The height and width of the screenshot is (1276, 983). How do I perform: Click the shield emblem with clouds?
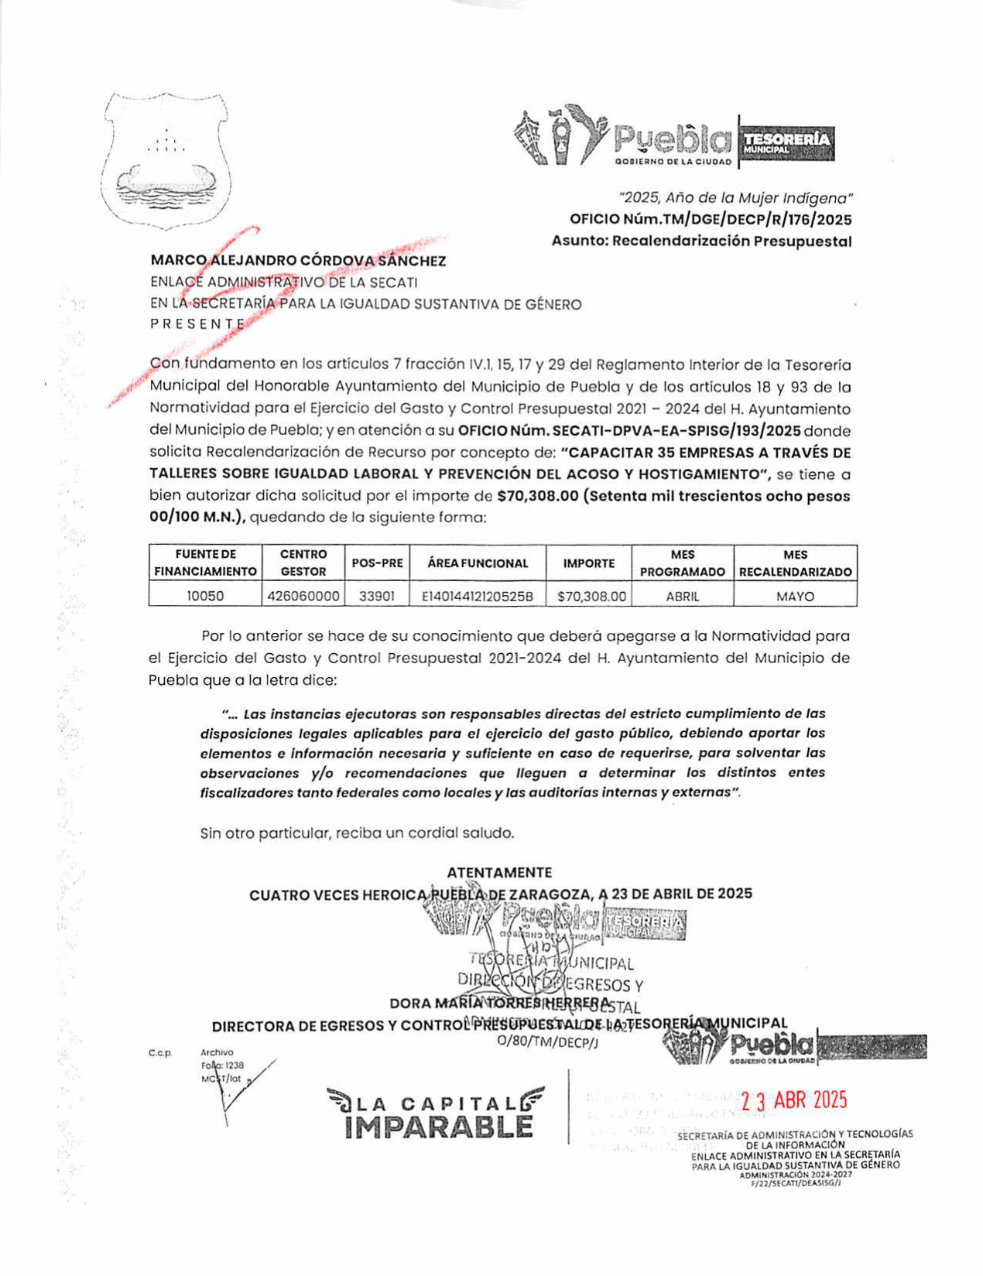(166, 162)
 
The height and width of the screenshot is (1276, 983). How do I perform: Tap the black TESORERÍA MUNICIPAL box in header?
(786, 142)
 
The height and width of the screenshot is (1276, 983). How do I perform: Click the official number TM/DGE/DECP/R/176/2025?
(710, 220)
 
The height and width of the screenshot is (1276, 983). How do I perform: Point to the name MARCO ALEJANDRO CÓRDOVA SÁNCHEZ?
(298, 261)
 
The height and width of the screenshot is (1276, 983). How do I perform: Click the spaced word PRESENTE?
(197, 324)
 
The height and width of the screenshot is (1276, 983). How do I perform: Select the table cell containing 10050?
(205, 597)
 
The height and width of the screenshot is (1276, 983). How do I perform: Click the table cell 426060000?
(303, 597)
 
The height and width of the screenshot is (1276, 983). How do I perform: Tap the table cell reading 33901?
(377, 597)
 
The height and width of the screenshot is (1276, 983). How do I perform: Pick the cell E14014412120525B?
(477, 597)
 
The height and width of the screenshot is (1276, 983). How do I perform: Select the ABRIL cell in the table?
(683, 597)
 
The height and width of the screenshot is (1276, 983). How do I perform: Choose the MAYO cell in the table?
(795, 597)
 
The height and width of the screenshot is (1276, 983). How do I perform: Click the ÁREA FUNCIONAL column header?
(477, 563)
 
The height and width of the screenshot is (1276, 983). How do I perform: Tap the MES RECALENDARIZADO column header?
(795, 563)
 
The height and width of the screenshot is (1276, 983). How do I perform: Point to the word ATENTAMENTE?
(499, 873)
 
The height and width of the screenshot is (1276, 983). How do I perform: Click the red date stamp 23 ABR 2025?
(793, 1100)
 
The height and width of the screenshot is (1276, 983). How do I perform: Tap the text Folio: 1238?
(222, 1066)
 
